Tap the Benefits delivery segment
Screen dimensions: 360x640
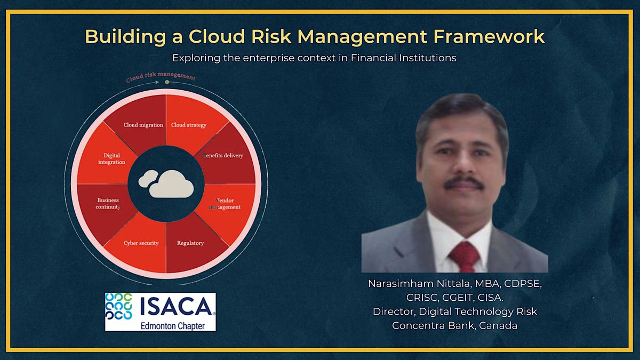[x=223, y=155]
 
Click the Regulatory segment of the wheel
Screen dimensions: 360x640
[x=190, y=243]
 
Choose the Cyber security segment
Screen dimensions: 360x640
[x=141, y=243]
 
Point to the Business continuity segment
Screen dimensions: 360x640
[x=108, y=204]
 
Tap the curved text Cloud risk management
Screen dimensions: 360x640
[x=160, y=78]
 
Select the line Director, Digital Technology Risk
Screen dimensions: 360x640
[x=454, y=311]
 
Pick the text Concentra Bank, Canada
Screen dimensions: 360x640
[x=454, y=325]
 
